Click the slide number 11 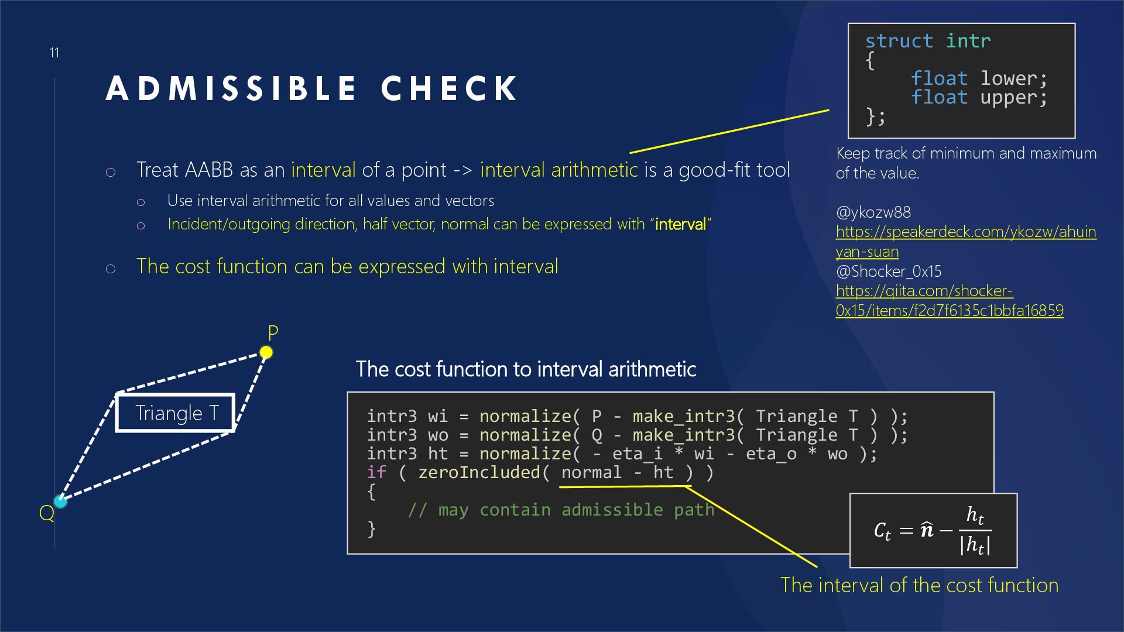click(54, 53)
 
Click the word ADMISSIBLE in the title click(231, 89)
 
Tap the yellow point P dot click(266, 352)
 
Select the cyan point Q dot click(60, 501)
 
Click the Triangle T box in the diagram click(176, 413)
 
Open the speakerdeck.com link click(965, 241)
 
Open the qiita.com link click(949, 300)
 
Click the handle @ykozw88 click(873, 212)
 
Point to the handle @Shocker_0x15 click(888, 271)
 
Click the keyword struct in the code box click(899, 41)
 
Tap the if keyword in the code click(376, 472)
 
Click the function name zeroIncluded click(479, 472)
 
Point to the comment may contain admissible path click(561, 510)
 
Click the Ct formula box click(933, 530)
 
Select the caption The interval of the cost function click(919, 585)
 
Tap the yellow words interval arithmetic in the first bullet click(558, 170)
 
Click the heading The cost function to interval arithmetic click(526, 369)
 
